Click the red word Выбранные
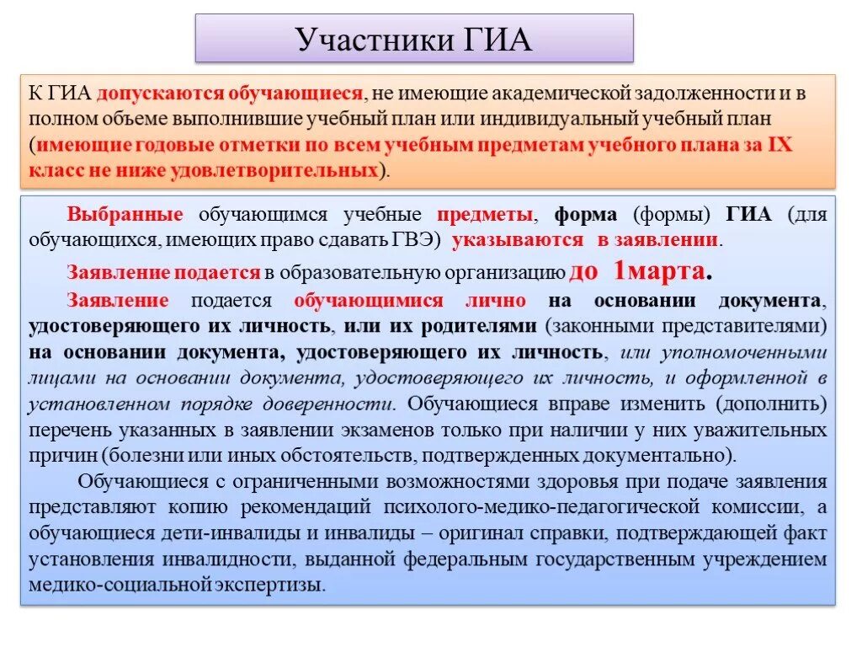coord(125,214)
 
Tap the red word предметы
coord(484,214)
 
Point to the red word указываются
coord(518,239)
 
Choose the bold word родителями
coord(478,326)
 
